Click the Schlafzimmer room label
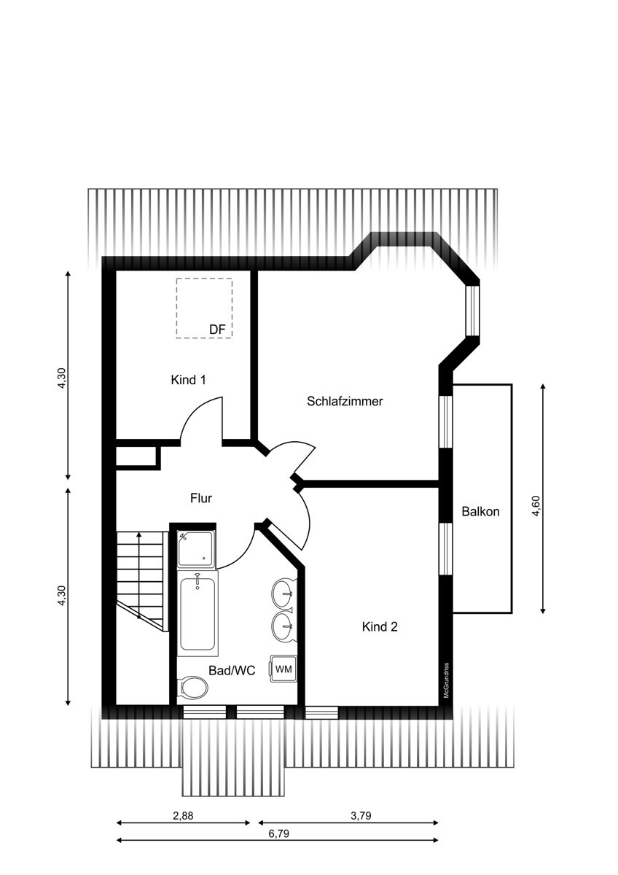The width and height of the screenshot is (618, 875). coord(345,401)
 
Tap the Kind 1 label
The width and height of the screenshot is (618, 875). coord(188,380)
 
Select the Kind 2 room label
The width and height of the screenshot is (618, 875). coord(380,627)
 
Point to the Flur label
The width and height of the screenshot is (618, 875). coord(201,498)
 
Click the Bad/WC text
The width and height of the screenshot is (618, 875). coord(232,671)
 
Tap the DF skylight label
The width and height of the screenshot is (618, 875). coord(217,330)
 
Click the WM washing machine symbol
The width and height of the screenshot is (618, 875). coord(283,669)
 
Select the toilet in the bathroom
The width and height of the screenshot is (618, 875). coord(192,687)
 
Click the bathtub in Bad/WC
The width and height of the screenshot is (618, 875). coord(197,613)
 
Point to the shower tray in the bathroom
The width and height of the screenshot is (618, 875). coord(196,549)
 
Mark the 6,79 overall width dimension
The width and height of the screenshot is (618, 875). coord(278,833)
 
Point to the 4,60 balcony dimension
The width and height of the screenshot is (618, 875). coord(536,506)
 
